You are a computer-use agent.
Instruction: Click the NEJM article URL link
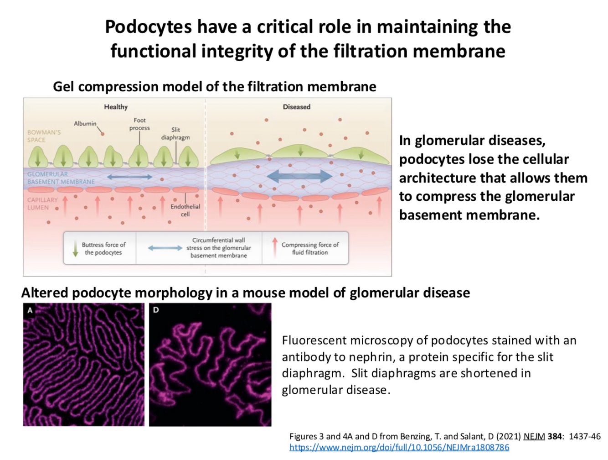[x=399, y=447]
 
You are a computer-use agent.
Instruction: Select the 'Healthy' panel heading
[x=116, y=107]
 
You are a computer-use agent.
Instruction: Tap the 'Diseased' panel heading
[x=296, y=107]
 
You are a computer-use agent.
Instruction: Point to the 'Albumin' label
[x=85, y=124]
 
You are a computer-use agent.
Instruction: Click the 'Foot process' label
[x=139, y=124]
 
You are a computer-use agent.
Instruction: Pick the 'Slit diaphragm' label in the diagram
[x=175, y=133]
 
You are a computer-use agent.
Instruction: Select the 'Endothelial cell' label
[x=185, y=210]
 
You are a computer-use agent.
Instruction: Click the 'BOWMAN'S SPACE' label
[x=44, y=136]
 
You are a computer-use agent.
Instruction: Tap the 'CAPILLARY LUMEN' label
[x=42, y=204]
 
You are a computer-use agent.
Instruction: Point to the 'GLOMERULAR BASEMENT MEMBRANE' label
[x=61, y=178]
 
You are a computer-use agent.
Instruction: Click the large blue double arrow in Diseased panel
[x=299, y=176]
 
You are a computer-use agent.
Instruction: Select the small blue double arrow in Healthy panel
[x=129, y=177]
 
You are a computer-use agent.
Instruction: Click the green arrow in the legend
[x=75, y=248]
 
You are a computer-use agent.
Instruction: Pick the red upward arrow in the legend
[x=274, y=247]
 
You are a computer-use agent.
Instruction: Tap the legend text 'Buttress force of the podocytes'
[x=103, y=248]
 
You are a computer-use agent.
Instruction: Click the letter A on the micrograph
[x=30, y=310]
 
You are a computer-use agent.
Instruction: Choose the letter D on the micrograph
[x=156, y=310]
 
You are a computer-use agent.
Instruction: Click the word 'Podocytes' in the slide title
[x=148, y=26]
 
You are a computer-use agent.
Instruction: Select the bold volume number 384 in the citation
[x=555, y=436]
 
